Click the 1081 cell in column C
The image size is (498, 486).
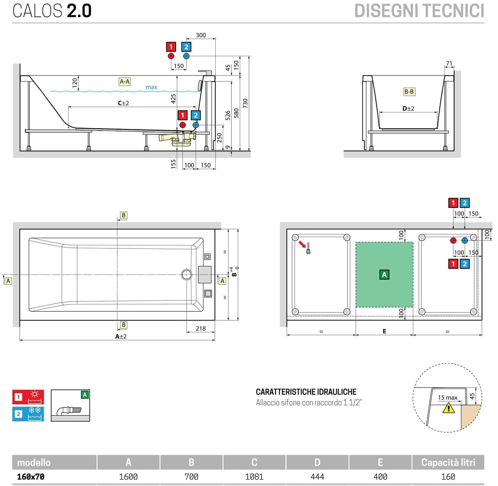[254, 477]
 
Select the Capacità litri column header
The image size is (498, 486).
[448, 462]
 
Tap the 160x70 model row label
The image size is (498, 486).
[30, 477]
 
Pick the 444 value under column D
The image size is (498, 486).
[317, 477]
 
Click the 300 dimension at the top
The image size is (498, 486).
[201, 35]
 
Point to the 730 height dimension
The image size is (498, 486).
[245, 103]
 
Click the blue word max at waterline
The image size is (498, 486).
[151, 87]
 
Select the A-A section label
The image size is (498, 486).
[125, 81]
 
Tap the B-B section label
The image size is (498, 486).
[409, 92]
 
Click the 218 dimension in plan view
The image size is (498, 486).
[201, 328]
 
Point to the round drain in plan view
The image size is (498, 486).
[187, 275]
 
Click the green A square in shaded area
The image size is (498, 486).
[384, 275]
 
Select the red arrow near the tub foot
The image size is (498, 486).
[302, 244]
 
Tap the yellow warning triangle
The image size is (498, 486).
[449, 408]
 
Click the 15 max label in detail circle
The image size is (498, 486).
[448, 397]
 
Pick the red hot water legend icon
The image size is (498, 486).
[28, 397]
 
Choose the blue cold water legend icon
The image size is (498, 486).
[28, 414]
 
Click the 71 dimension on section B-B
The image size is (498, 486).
[449, 63]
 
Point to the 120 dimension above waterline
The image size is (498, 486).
[75, 82]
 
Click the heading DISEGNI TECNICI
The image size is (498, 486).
[419, 11]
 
